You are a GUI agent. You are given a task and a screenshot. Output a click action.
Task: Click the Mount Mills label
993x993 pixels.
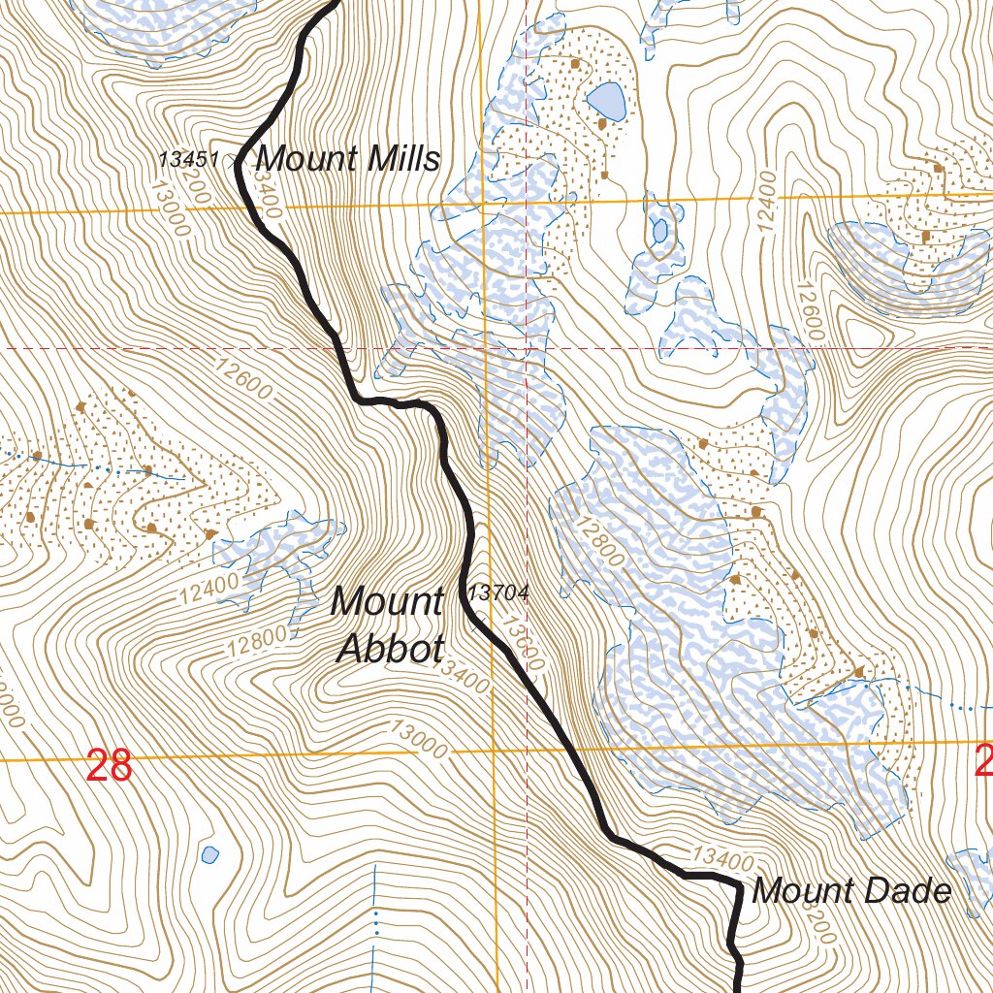click(347, 157)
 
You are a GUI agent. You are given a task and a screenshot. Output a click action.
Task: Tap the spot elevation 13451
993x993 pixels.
click(190, 159)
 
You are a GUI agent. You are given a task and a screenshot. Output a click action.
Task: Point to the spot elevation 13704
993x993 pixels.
click(498, 593)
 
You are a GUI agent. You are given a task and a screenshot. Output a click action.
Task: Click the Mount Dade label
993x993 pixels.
click(851, 890)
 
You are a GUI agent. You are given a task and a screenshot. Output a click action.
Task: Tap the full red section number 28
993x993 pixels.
click(109, 766)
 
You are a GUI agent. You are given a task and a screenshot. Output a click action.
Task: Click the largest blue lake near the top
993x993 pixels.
click(606, 99)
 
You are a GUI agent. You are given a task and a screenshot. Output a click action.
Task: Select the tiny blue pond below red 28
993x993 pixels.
click(209, 854)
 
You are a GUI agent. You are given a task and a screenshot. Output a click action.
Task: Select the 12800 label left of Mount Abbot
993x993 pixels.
click(258, 642)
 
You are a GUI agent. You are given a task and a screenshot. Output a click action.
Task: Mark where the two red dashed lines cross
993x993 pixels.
click(526, 347)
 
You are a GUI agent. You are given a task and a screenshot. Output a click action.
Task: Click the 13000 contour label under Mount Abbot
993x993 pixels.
click(419, 740)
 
